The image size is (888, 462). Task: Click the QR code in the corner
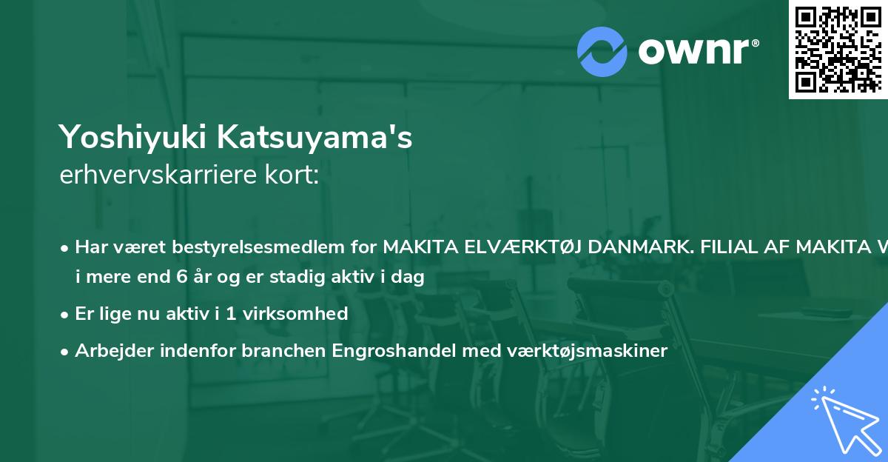point(838,49)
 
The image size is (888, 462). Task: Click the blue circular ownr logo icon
point(602,52)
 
